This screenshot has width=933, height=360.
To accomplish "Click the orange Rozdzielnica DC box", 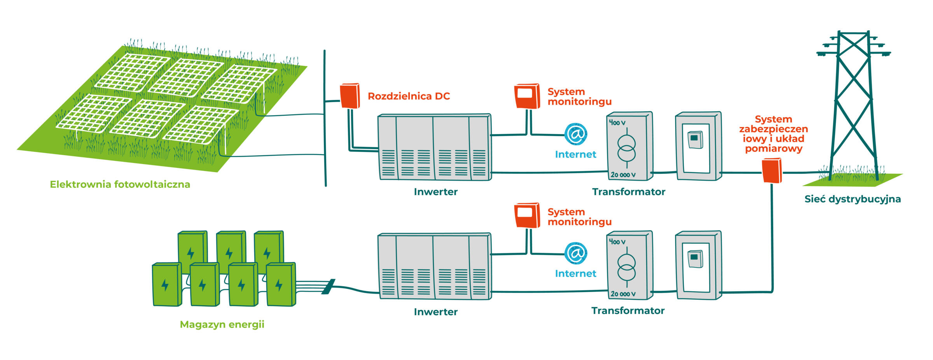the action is [350, 96].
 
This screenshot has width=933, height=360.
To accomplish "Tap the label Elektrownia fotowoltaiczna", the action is [120, 184].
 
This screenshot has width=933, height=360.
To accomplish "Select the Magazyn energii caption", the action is [222, 325].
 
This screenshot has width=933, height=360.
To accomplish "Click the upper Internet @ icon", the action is [576, 134].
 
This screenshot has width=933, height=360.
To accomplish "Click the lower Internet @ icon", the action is [576, 253].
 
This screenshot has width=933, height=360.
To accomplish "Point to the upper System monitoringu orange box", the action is [527, 96].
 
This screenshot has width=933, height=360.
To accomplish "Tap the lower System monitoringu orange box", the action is [527, 215].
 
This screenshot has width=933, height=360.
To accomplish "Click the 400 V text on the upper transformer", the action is [617, 123].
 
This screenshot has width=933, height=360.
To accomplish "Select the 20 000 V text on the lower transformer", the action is [623, 294].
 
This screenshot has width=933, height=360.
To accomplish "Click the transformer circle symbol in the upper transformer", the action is [626, 148].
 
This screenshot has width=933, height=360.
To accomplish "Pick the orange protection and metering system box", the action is [772, 170].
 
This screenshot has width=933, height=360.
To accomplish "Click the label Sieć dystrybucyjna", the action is [853, 199].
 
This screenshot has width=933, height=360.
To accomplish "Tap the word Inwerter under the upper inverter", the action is [435, 192].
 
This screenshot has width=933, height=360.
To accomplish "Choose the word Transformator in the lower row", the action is [628, 311].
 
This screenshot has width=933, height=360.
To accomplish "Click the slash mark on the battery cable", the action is [328, 287].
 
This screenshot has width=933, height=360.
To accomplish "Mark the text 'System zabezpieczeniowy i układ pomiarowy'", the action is [773, 134].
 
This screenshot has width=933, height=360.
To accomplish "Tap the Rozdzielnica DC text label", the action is [409, 96].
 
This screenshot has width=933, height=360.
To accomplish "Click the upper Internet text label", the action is [575, 154].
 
